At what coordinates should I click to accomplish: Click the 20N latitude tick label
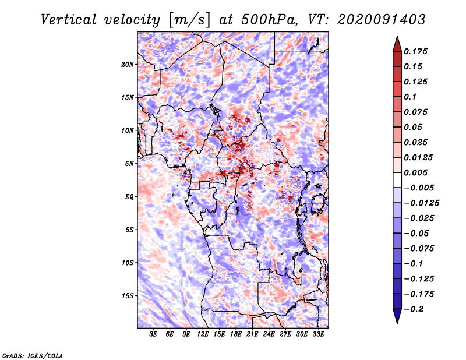128,65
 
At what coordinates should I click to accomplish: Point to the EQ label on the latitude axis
129,197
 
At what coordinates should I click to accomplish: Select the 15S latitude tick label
128,296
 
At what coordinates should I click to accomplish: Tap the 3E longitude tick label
153,334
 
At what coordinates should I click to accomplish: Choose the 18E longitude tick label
236,334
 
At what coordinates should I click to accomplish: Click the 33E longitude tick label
318,334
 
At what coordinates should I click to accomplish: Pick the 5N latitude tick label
129,164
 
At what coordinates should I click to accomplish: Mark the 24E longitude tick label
269,334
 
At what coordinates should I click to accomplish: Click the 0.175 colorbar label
415,51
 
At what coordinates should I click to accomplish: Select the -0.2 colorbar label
414,309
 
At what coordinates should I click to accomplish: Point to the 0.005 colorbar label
415,172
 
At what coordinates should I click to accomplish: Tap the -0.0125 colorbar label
421,203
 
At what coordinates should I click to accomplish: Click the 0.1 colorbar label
410,97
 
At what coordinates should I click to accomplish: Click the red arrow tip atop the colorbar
397,37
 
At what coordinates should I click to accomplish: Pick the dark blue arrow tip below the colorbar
397,323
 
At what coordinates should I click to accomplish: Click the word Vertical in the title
69,20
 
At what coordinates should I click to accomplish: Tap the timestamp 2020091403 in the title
382,20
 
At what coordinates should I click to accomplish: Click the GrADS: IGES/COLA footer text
33,355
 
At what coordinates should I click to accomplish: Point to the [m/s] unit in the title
189,20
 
